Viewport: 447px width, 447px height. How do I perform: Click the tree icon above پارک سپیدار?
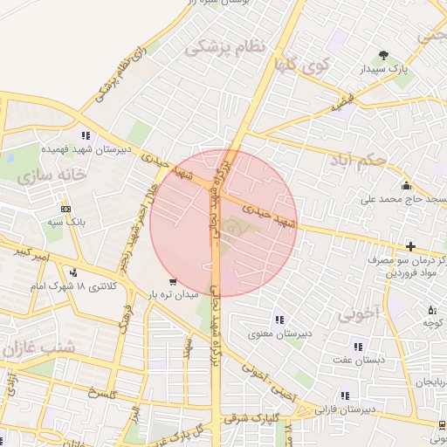point(383,56)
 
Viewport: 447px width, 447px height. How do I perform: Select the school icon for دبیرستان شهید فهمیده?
point(86,135)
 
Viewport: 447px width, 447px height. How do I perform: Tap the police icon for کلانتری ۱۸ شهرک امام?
point(74,272)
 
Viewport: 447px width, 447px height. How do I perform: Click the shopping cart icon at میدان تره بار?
point(172,282)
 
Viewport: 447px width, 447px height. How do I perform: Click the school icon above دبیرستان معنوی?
point(279,320)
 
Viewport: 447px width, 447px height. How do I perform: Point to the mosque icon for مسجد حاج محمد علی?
point(406,185)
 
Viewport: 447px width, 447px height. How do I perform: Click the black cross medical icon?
point(410,247)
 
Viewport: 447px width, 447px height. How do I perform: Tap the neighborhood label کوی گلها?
point(300,63)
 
